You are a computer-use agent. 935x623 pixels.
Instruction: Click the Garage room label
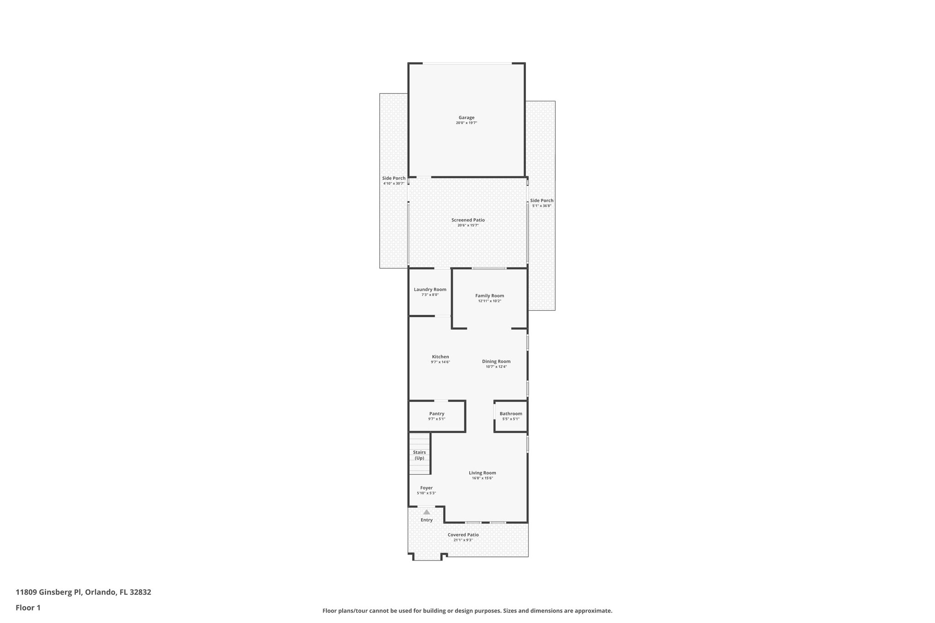tap(466, 118)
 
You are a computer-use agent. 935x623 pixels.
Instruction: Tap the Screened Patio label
tap(468, 220)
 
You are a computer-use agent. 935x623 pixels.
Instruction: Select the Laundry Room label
tap(430, 289)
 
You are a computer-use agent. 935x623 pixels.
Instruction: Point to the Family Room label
tap(489, 296)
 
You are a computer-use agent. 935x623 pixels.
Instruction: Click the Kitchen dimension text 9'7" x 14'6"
tap(440, 362)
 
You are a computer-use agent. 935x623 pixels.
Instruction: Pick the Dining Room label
tap(496, 361)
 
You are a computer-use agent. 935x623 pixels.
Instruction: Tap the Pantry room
tap(436, 416)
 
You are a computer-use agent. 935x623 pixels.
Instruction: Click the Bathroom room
tap(510, 416)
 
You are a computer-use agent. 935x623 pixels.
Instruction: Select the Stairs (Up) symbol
tap(419, 455)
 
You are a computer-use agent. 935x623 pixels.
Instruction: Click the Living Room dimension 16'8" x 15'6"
tap(482, 478)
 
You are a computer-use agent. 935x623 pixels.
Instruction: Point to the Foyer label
tap(426, 488)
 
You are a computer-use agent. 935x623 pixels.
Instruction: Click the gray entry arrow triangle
tap(426, 512)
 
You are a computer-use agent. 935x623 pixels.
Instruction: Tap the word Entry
tap(426, 520)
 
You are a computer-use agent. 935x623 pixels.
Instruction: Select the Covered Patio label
tap(463, 534)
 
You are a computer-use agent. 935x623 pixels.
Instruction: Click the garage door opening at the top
tap(467, 63)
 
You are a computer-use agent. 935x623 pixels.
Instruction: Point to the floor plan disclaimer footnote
tap(467, 610)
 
